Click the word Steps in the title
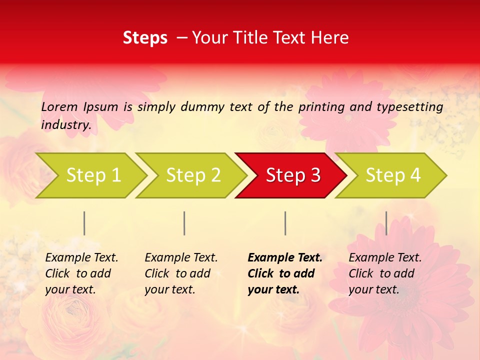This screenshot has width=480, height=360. point(145,38)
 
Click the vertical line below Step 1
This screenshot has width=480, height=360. point(84,223)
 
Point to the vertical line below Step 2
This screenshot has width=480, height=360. point(184,223)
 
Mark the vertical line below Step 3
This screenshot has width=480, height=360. point(285,223)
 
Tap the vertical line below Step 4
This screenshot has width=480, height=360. point(386,223)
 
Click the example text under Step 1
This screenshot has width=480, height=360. point(81,273)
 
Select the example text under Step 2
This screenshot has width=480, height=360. point(181,273)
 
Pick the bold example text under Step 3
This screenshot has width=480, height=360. point(284,273)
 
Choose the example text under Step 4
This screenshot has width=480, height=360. point(385,273)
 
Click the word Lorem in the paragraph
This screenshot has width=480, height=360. point(59,106)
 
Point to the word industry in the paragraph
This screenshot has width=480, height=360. point(66,124)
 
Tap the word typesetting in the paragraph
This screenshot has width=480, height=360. point(409,107)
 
